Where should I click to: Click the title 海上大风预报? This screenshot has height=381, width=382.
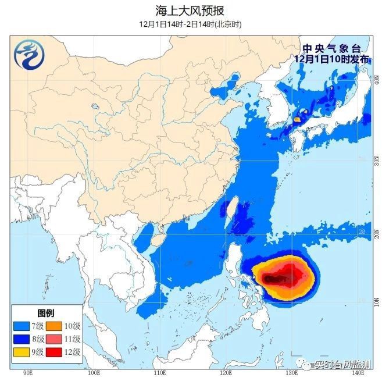click(190, 10)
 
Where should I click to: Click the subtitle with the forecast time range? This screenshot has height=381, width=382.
click(190, 24)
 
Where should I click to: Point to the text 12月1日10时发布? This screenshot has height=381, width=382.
click(331, 59)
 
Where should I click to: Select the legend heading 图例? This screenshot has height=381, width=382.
click(47, 313)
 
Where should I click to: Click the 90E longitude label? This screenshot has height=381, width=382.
click(27, 372)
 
